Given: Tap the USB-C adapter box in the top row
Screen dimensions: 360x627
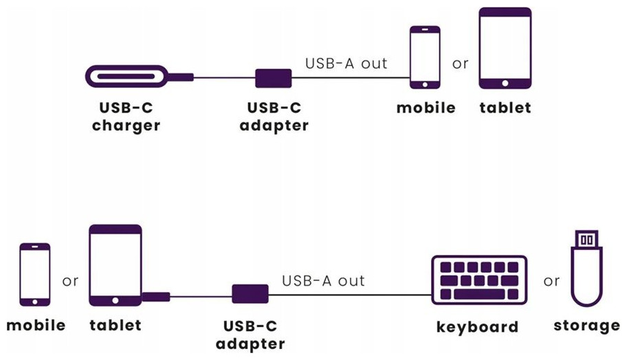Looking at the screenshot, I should click(x=274, y=78).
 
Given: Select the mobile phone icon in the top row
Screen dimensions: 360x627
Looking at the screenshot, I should click(x=425, y=58).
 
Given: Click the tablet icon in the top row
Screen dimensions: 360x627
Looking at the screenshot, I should click(x=505, y=48).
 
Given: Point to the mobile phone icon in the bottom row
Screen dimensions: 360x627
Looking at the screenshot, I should click(x=34, y=274).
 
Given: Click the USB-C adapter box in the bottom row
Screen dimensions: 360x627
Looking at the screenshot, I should click(x=250, y=294).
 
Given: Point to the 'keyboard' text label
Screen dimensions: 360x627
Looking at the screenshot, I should click(x=477, y=326).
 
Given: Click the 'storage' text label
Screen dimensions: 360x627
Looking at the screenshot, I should click(x=586, y=325).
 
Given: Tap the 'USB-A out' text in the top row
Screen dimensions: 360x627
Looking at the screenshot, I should click(x=346, y=63).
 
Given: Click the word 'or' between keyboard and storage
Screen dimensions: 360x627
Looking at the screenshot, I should click(x=551, y=281).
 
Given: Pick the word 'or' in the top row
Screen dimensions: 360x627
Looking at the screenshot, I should click(x=460, y=64).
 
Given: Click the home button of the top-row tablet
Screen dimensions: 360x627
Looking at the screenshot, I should click(x=505, y=83).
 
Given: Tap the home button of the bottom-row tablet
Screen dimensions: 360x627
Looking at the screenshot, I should click(x=115, y=301).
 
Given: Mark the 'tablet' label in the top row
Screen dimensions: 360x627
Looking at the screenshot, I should click(x=505, y=108).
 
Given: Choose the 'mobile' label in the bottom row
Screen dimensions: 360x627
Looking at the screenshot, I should click(x=36, y=325).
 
